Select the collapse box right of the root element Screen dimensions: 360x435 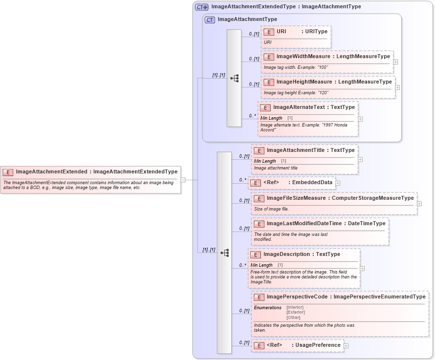click(183, 179)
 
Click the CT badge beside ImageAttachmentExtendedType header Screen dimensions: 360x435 click(201, 7)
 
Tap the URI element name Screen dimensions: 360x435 click(282, 31)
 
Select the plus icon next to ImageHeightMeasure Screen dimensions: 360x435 click(398, 87)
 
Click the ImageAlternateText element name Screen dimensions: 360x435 click(299, 107)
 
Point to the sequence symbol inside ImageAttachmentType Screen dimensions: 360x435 click(235, 78)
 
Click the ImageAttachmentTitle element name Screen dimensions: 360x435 click(295, 150)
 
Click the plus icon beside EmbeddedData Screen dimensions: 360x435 click(338, 183)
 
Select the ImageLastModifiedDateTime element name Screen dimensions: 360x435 click(305, 223)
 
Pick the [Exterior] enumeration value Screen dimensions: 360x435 click(296, 312)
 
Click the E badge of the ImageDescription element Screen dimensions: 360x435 click(256, 255)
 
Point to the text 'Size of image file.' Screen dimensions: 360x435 click(271, 209)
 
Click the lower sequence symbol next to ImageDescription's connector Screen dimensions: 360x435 click(225, 253)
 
